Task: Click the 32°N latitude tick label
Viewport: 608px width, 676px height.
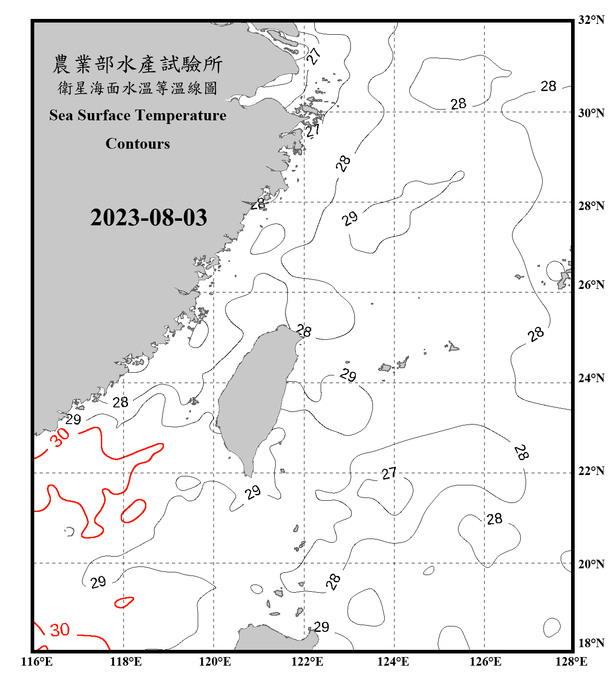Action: click(591, 20)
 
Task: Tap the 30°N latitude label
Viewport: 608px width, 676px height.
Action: click(591, 113)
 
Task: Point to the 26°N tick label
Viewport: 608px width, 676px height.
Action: click(591, 285)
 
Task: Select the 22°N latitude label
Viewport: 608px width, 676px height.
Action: click(591, 471)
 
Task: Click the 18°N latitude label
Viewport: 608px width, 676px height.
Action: click(591, 643)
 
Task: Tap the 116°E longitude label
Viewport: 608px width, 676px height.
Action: click(36, 662)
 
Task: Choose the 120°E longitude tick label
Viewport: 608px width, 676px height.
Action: click(215, 662)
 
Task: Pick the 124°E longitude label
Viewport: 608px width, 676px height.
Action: click(393, 662)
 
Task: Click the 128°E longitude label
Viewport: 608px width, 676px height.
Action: click(571, 662)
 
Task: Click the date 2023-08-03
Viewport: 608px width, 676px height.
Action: click(149, 218)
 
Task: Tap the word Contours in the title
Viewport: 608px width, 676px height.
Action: click(138, 144)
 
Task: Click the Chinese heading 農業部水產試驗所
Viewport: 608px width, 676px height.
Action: click(137, 64)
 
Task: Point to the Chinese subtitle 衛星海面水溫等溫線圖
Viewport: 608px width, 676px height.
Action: click(137, 88)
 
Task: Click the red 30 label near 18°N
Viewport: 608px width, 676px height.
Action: click(59, 630)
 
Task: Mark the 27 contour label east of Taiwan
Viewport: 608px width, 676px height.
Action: click(389, 473)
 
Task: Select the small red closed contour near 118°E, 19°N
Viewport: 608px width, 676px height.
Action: click(124, 602)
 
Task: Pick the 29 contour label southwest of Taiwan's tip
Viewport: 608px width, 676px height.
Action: click(253, 492)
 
